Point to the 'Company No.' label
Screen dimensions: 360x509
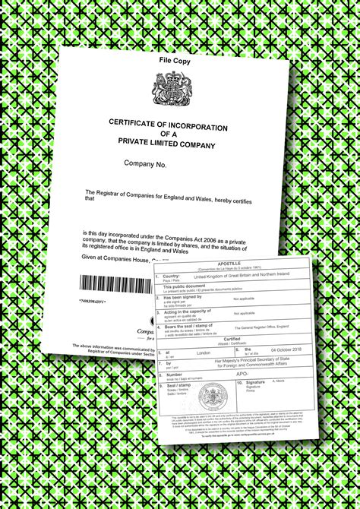[x=146, y=163]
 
